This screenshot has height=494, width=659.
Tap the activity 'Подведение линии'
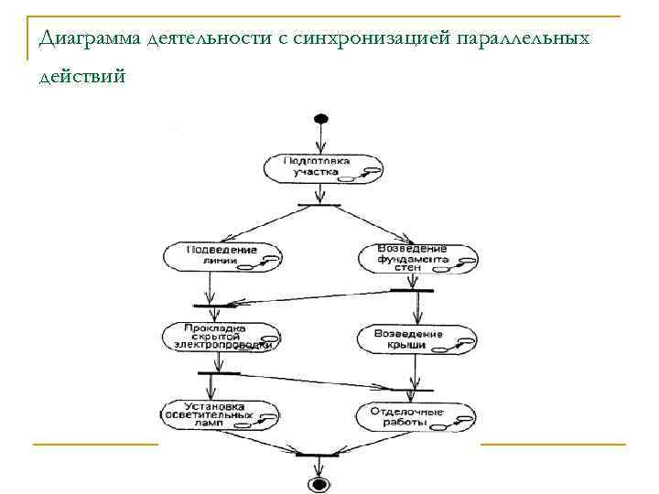click(222, 255)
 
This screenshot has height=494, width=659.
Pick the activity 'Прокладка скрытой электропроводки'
click(220, 336)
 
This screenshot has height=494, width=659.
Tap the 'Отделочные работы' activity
click(416, 416)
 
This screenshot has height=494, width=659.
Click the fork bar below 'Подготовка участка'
click(319, 204)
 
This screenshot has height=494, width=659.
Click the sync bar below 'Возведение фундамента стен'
click(411, 290)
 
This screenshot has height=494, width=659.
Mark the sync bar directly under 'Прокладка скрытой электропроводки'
click(218, 373)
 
